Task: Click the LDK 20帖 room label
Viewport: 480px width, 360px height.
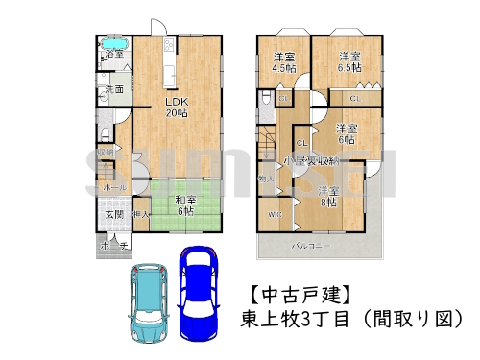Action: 175,107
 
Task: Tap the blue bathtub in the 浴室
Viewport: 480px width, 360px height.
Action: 113,45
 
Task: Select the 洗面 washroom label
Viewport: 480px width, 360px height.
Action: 114,89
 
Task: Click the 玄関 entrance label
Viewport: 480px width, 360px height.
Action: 112,215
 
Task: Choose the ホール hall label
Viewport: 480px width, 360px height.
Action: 112,187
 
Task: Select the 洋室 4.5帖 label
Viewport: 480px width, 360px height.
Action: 284,61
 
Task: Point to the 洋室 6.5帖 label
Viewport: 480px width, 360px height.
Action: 348,61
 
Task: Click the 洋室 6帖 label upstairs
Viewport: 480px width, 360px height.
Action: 347,133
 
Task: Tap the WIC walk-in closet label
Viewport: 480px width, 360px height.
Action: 274,213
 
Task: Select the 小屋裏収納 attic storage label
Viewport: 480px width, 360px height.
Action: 322,160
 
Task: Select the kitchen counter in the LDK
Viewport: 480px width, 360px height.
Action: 170,61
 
